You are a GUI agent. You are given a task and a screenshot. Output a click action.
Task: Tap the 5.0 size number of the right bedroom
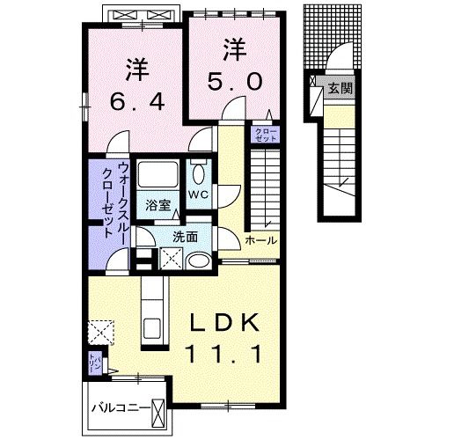tap(235, 81)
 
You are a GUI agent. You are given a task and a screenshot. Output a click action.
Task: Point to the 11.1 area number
tap(225, 356)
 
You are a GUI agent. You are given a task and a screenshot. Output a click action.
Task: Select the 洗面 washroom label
tap(185, 237)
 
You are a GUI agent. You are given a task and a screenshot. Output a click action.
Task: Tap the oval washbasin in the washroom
tap(200, 260)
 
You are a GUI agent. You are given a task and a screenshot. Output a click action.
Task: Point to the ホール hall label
tap(260, 240)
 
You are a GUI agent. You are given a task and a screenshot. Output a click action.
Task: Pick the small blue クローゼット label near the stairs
tap(265, 135)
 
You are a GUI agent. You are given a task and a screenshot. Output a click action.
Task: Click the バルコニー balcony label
tap(121, 409)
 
